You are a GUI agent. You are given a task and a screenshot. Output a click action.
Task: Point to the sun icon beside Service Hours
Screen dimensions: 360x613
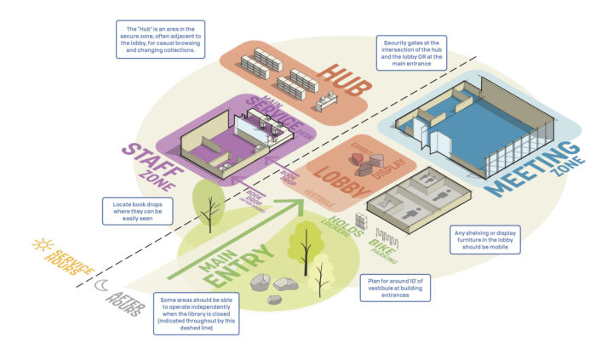coord(41,245)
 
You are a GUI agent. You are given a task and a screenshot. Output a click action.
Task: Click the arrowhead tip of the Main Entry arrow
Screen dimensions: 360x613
coord(301,202)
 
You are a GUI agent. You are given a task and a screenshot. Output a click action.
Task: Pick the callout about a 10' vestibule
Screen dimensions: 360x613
coord(396,286)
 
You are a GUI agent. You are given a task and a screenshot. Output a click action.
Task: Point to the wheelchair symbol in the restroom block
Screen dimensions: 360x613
coord(387,204)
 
